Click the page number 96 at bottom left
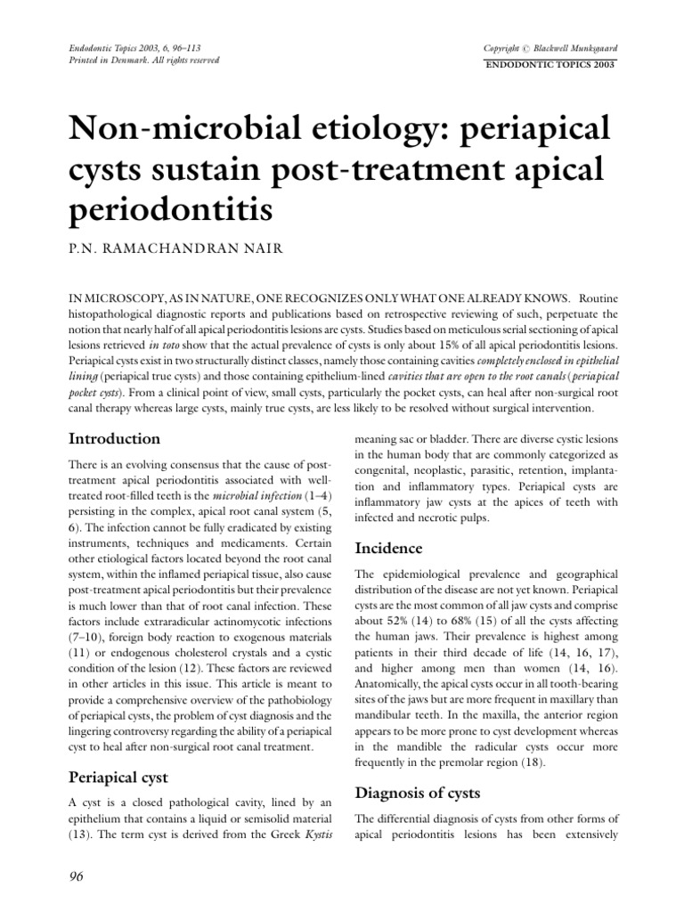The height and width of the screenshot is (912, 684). (76, 877)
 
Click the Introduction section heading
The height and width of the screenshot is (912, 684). (115, 439)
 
